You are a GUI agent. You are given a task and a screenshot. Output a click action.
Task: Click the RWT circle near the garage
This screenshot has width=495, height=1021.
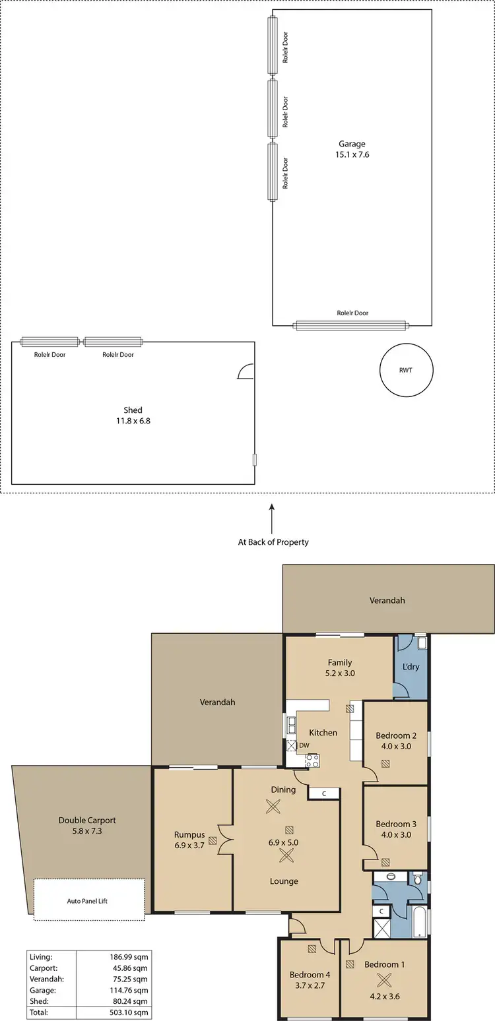pyautogui.click(x=406, y=370)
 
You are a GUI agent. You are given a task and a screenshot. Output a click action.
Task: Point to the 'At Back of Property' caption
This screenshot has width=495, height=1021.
pyautogui.click(x=273, y=542)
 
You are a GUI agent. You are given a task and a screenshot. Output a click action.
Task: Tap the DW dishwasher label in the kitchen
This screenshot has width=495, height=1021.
pyautogui.click(x=304, y=746)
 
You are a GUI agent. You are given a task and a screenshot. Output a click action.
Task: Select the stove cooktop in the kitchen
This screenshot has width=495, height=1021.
pyautogui.click(x=312, y=760)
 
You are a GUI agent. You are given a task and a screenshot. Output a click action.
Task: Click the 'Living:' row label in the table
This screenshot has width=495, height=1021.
pyautogui.click(x=40, y=956)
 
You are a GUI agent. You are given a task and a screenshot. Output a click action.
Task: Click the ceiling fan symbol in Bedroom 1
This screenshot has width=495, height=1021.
pyautogui.click(x=384, y=979)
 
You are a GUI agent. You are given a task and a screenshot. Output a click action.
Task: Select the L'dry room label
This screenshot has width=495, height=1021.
pyautogui.click(x=411, y=667)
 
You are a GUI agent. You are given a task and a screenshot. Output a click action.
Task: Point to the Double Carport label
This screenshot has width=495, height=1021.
pyautogui.click(x=87, y=820)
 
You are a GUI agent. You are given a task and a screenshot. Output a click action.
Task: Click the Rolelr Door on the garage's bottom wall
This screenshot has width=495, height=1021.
pyautogui.click(x=351, y=325)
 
